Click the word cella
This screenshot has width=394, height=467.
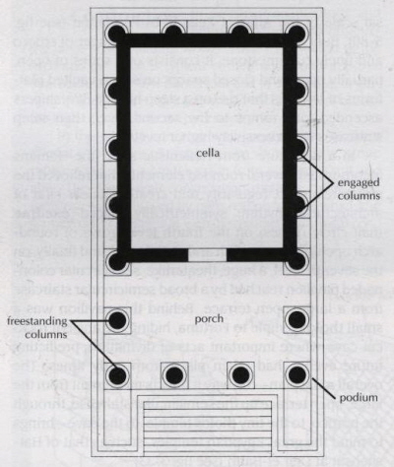(208, 153)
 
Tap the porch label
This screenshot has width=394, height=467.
(209, 318)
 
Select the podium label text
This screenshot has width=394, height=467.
(359, 398)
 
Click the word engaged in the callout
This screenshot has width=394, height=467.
(359, 182)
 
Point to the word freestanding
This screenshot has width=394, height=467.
(36, 321)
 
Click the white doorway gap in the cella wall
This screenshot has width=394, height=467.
(207, 255)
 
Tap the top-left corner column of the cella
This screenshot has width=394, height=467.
(116, 33)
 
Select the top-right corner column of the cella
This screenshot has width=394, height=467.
(296, 33)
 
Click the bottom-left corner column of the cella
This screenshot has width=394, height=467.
(116, 261)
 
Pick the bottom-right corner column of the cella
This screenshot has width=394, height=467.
(296, 261)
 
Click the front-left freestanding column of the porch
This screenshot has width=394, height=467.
(117, 374)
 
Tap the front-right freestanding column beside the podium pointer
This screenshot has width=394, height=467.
(297, 374)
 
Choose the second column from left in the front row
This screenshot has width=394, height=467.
(174, 374)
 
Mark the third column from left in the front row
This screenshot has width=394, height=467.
(240, 374)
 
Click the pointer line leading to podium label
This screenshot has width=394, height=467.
(325, 388)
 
